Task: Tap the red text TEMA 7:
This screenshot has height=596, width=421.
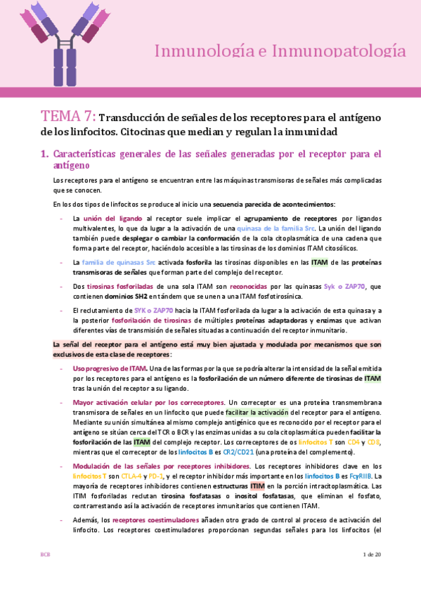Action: (68, 117)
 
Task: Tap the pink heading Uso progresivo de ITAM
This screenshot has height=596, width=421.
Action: (110, 368)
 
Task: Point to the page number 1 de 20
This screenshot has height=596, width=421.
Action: (372, 574)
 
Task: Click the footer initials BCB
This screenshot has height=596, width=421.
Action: (45, 574)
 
